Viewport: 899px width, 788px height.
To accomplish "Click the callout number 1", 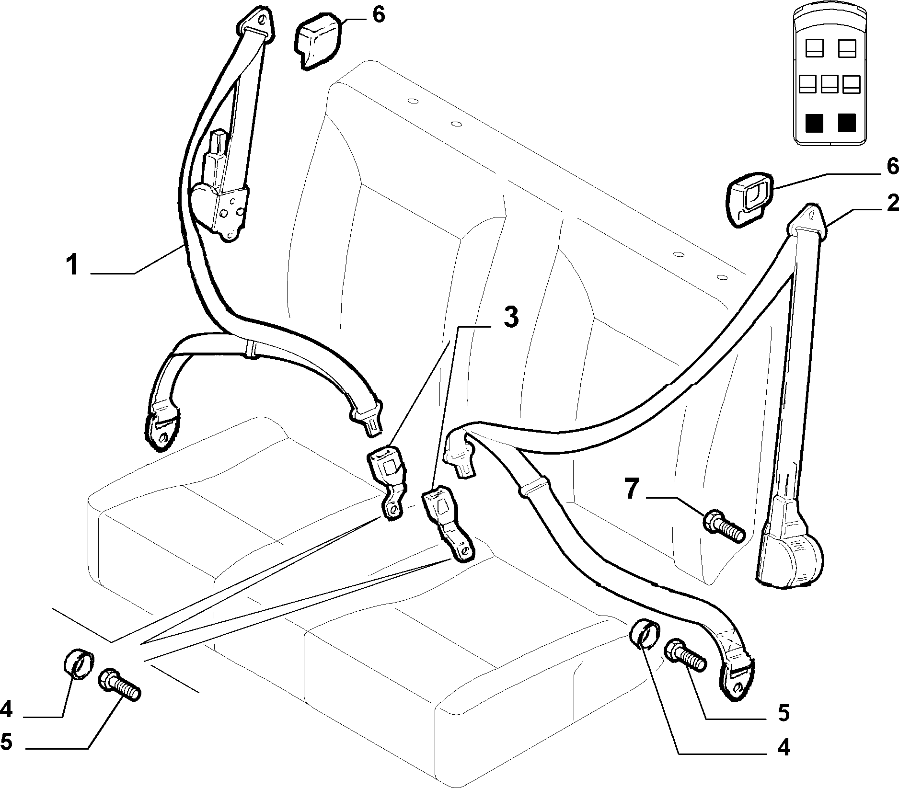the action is pyautogui.click(x=73, y=265).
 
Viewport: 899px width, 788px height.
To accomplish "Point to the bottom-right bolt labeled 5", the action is pyautogui.click(x=685, y=656).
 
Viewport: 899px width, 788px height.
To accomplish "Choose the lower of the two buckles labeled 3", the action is pyautogui.click(x=448, y=525).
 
